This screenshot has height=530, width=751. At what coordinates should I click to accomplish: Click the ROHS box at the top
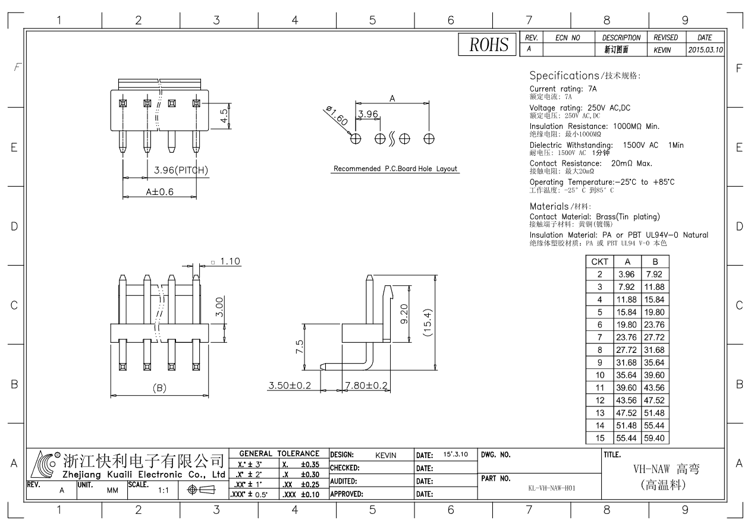[x=487, y=45]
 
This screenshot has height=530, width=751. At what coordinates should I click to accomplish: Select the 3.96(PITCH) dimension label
[x=180, y=171]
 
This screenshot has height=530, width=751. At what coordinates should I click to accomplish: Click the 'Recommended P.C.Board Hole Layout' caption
[x=395, y=169]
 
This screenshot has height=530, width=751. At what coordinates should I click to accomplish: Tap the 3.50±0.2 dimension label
[x=290, y=386]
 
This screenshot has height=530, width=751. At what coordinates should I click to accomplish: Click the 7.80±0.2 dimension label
[x=367, y=386]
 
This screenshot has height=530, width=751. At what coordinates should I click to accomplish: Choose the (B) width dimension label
[x=159, y=388]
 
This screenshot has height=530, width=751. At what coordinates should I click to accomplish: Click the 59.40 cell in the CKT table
[x=657, y=438]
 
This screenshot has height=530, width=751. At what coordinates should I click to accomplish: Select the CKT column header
[x=599, y=261]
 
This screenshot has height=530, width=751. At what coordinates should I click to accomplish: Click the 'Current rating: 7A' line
[x=563, y=89]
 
